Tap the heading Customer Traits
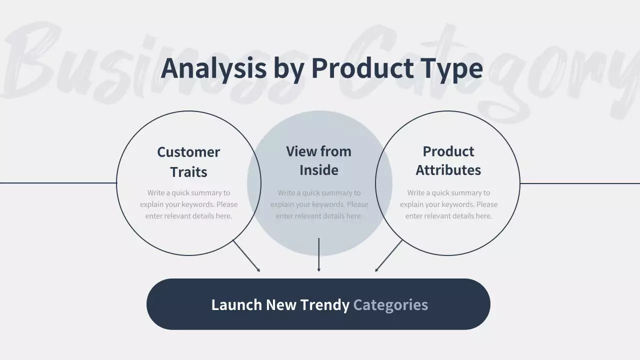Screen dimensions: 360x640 tap(188, 161)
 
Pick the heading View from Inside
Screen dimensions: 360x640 tap(318, 160)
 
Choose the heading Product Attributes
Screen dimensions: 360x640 tap(448, 160)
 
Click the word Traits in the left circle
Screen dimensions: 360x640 tap(188, 171)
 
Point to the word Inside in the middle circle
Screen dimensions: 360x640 tap(318, 170)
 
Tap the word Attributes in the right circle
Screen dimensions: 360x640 tap(448, 170)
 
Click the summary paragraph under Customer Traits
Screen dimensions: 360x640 tap(188, 204)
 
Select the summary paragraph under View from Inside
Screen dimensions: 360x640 tap(319, 204)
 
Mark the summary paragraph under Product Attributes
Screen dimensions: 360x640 tap(448, 204)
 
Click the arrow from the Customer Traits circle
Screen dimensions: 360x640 tap(246, 256)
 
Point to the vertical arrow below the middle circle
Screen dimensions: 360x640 tap(319, 255)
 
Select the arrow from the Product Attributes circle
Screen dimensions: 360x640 tap(388, 256)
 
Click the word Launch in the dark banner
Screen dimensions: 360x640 tap(236, 304)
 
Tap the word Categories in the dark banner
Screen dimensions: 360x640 tap(390, 304)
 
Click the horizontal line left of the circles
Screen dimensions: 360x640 tap(57, 183)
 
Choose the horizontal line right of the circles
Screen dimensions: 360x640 tap(580, 183)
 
